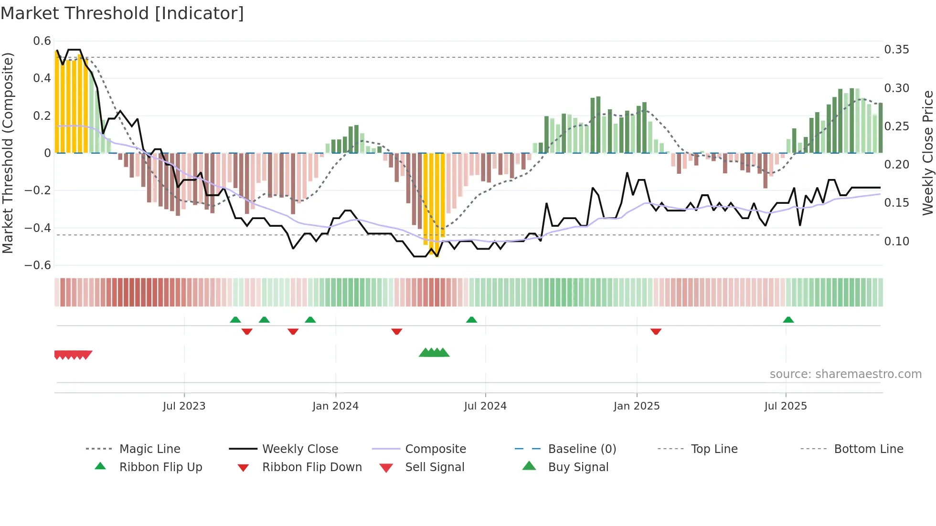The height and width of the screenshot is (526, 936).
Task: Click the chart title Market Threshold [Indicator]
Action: (122, 13)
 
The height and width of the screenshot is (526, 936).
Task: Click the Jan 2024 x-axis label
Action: (335, 406)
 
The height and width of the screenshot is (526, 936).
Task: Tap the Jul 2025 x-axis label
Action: (786, 406)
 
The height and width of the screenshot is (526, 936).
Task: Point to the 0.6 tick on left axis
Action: (42, 41)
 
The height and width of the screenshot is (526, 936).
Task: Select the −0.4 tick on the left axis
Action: (38, 228)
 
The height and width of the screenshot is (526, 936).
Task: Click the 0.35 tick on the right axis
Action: (896, 50)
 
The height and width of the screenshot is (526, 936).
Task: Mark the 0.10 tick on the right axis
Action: (896, 242)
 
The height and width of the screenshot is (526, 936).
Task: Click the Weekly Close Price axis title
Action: (927, 153)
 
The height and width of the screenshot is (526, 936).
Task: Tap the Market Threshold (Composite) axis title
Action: (8, 153)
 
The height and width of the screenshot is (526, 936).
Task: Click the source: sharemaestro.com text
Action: (845, 374)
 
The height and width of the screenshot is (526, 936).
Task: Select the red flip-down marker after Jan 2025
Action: (656, 331)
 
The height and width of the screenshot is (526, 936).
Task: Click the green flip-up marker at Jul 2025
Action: (788, 320)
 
